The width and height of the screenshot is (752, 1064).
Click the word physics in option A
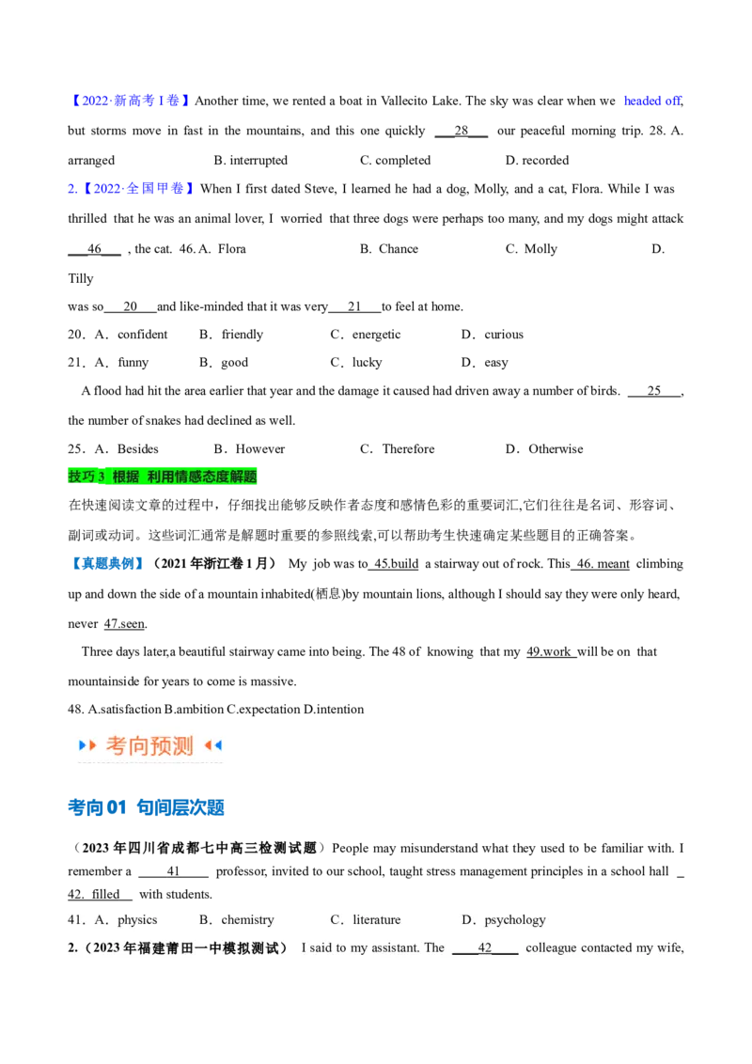tap(137, 920)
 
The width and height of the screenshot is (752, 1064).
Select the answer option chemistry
tap(247, 920)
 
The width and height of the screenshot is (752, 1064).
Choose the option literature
tap(377, 920)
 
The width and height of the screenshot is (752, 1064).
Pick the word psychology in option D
tap(515, 920)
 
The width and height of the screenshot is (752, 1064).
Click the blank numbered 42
tap(485, 948)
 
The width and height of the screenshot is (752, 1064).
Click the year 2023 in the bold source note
tap(107, 948)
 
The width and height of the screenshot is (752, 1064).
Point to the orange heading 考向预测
tap(149, 746)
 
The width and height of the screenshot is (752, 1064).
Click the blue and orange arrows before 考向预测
tap(87, 746)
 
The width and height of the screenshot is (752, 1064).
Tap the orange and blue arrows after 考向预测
tap(213, 746)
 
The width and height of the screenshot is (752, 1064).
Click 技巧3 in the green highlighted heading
tap(86, 477)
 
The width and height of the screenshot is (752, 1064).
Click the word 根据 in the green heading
tap(125, 477)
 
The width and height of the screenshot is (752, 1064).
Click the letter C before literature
tap(336, 920)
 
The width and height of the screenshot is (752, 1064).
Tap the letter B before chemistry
tap(204, 920)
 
